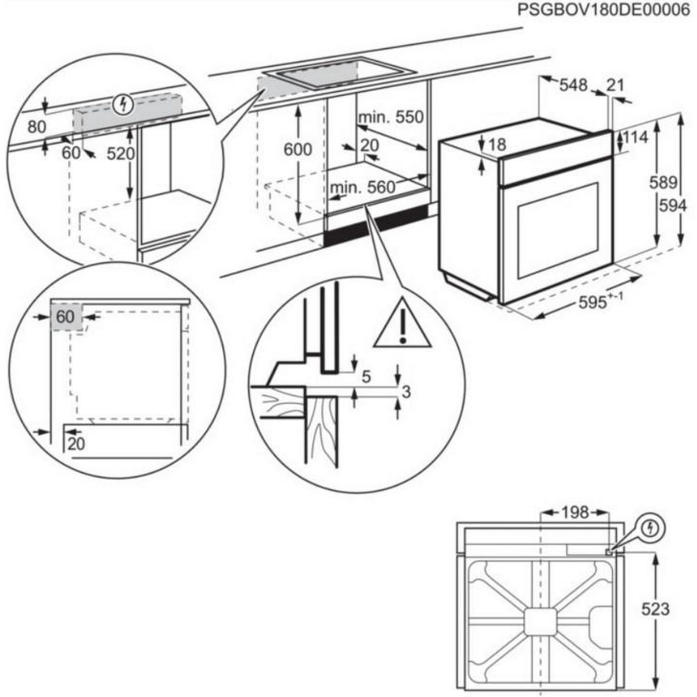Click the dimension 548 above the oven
click(x=573, y=85)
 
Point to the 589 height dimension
click(x=663, y=183)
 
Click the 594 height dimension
click(x=673, y=206)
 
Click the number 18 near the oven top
click(x=498, y=145)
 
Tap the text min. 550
click(x=391, y=117)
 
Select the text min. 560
click(x=361, y=188)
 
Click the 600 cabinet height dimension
click(x=297, y=150)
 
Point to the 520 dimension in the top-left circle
click(x=121, y=154)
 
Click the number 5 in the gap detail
click(x=366, y=377)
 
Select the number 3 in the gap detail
click(x=406, y=392)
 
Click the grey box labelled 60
click(x=66, y=317)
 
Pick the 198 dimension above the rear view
click(x=575, y=512)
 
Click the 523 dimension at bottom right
click(x=655, y=609)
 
